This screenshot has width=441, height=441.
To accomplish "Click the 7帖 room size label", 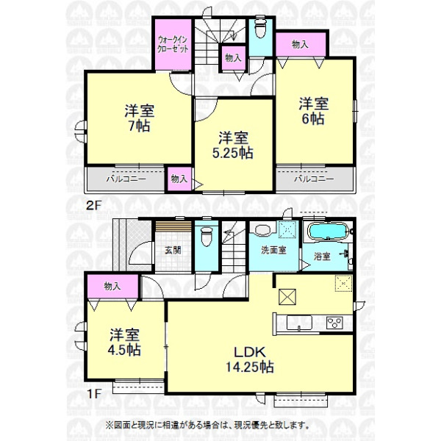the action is pos(139,126).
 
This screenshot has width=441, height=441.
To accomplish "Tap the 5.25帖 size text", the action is pos(233,153).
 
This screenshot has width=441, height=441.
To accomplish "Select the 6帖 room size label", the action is pos(313,118).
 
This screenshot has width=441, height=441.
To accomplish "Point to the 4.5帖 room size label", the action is pos(124,350).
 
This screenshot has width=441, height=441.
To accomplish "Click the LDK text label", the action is pos(250,352).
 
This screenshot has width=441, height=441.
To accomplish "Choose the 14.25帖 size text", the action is pos(250,367).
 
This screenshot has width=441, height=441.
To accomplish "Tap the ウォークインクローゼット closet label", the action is pos(173,44).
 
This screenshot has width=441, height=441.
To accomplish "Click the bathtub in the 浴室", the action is pos(328,232).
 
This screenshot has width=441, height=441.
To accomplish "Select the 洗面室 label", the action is pos(273,250).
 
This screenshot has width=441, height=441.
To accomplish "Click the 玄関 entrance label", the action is pos(173,250).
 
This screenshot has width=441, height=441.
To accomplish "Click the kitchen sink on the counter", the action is pos(299,323).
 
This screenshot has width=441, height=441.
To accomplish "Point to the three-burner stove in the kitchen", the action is pos(334,323).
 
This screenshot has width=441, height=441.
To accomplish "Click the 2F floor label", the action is pos(93,206).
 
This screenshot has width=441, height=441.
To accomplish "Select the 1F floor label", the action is pos(93,394).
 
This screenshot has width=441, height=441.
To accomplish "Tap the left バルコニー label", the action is pos(126,179).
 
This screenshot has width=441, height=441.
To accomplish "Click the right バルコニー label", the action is pos(314,179).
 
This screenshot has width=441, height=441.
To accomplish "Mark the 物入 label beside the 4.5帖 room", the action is pos(112,287).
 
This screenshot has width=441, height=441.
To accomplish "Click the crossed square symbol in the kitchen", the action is pos(287,296).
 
